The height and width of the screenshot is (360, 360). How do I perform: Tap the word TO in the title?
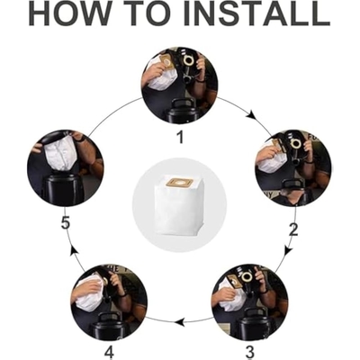(x=145, y=13)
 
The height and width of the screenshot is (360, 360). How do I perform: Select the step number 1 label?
(x=180, y=137)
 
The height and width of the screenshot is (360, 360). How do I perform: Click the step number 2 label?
(x=293, y=229)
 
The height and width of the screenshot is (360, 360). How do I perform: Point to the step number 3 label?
(x=249, y=351)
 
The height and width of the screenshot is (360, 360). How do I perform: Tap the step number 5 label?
(x=66, y=222)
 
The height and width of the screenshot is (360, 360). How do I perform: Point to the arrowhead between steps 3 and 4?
(x=179, y=322)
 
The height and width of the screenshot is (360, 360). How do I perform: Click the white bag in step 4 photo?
(x=89, y=291)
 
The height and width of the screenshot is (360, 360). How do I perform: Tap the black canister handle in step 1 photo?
(x=179, y=105)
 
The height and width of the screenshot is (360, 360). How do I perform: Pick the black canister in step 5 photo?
(x=59, y=190)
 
